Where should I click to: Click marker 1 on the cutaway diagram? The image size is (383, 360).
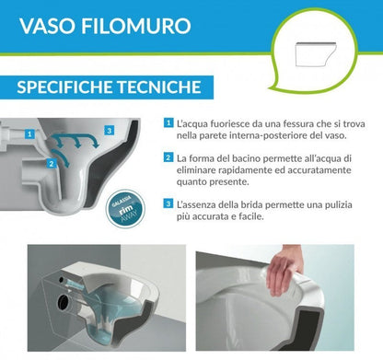[30, 133]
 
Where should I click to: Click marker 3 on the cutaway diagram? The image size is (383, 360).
[110, 130]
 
